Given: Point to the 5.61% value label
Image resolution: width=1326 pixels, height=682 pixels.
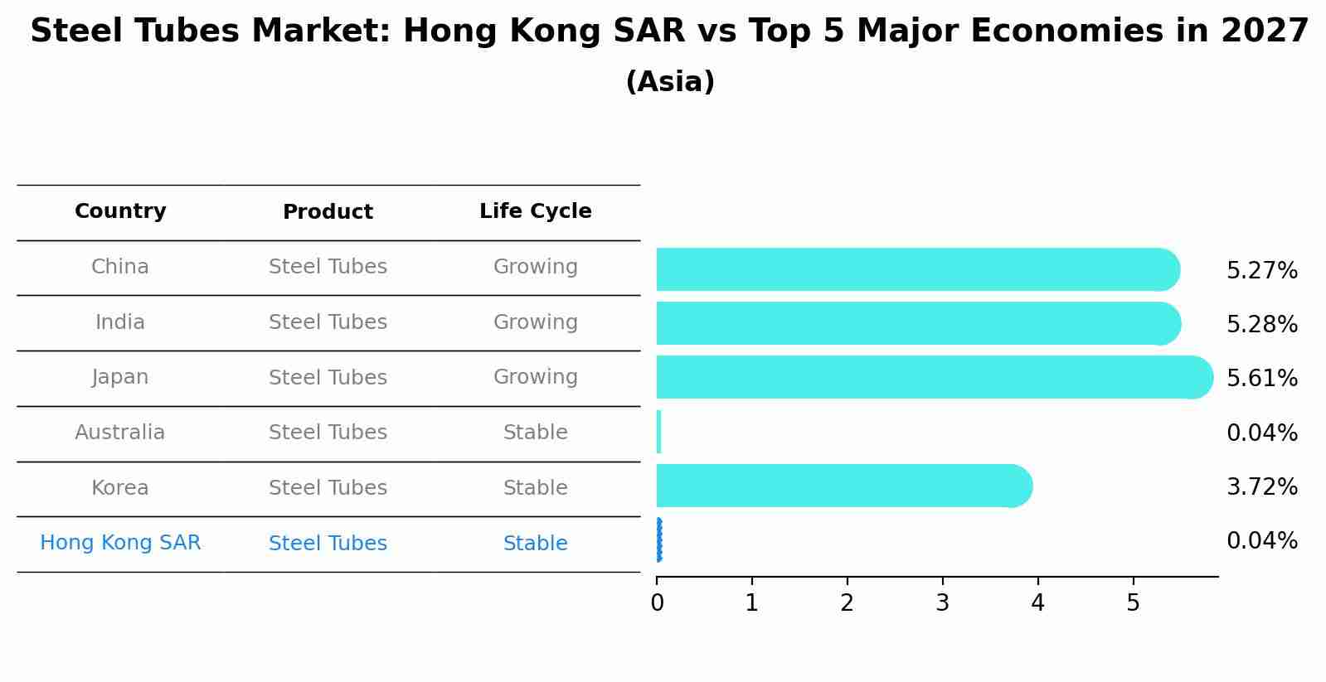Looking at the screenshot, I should coord(1261,379).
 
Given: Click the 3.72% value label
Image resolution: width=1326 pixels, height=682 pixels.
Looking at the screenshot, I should coord(1261,487).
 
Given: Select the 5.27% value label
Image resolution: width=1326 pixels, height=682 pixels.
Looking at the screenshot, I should coord(1261,271).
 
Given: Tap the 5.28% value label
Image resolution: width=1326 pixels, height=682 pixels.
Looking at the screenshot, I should coord(1261,325).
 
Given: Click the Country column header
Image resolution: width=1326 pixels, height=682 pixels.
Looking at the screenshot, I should coord(120,211).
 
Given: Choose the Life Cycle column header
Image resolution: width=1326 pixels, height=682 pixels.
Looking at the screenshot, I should coord(535,211).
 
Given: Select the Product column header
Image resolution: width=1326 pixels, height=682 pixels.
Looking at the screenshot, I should coord(328,212).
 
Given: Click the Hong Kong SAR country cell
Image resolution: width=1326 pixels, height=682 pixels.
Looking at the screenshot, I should coord(120,543).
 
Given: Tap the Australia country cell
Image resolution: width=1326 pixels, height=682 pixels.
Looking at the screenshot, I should coord(120,433).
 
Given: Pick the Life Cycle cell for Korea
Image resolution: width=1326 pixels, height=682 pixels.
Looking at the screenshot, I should coord(535,488).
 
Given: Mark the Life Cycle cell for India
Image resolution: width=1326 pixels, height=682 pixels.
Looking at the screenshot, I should coord(535,322).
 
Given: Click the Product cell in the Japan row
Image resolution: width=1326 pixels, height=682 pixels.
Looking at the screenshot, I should coord(328,378).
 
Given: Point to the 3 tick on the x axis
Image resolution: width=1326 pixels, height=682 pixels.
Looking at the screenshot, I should coord(942,603).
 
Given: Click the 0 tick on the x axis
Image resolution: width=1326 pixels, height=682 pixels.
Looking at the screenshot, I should coord(657,603).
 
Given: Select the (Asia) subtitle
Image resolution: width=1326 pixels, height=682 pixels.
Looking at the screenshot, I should coord(670,82).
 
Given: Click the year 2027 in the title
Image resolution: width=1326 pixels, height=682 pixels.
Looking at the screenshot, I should coord(1264,31).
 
